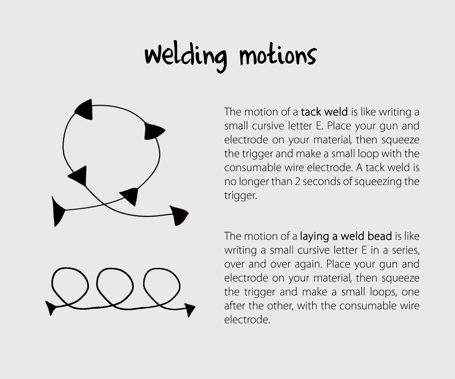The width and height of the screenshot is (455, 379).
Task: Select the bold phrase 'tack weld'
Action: [x=324, y=112]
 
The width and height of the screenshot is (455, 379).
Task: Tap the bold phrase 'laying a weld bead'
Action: [x=346, y=236]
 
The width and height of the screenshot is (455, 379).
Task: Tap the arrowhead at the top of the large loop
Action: [x=84, y=110]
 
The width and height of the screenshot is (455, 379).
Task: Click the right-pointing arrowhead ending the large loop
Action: [x=179, y=216]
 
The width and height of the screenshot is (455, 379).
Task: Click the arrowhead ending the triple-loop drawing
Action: [x=190, y=310]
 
